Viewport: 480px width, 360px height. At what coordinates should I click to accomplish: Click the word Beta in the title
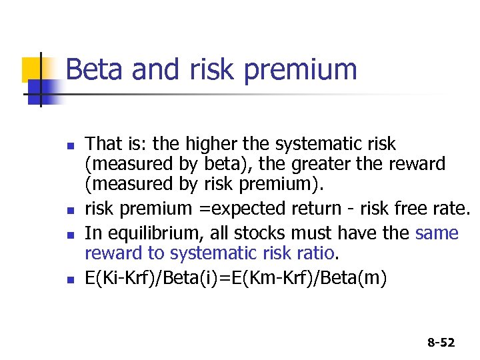pyautogui.click(x=91, y=69)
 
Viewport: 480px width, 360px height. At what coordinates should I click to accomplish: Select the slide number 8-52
pyautogui.click(x=441, y=343)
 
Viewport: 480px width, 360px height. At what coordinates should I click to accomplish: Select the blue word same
pyautogui.click(x=437, y=233)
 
